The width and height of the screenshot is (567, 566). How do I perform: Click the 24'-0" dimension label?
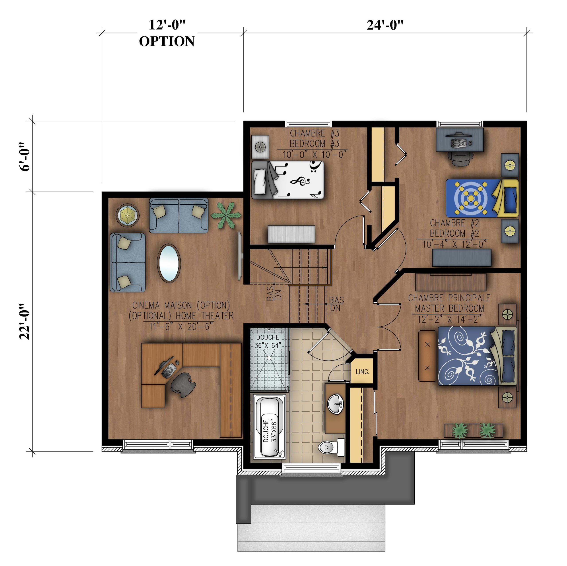point(385,25)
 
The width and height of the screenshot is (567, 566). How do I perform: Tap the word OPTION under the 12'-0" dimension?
point(167,41)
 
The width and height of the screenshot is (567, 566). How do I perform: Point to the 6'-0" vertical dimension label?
point(25,157)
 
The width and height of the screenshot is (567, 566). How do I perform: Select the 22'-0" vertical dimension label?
point(25,322)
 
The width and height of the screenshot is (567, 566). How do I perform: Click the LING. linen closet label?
point(362,371)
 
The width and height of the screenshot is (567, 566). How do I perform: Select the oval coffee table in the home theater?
point(169,263)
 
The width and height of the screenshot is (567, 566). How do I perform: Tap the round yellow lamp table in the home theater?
point(127,215)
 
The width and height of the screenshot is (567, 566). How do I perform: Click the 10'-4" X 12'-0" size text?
point(454,244)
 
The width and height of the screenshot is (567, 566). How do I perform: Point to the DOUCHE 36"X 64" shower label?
point(268,341)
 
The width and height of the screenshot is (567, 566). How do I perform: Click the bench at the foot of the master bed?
point(427,356)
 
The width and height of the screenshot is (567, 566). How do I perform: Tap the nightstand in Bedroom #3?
point(260,147)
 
